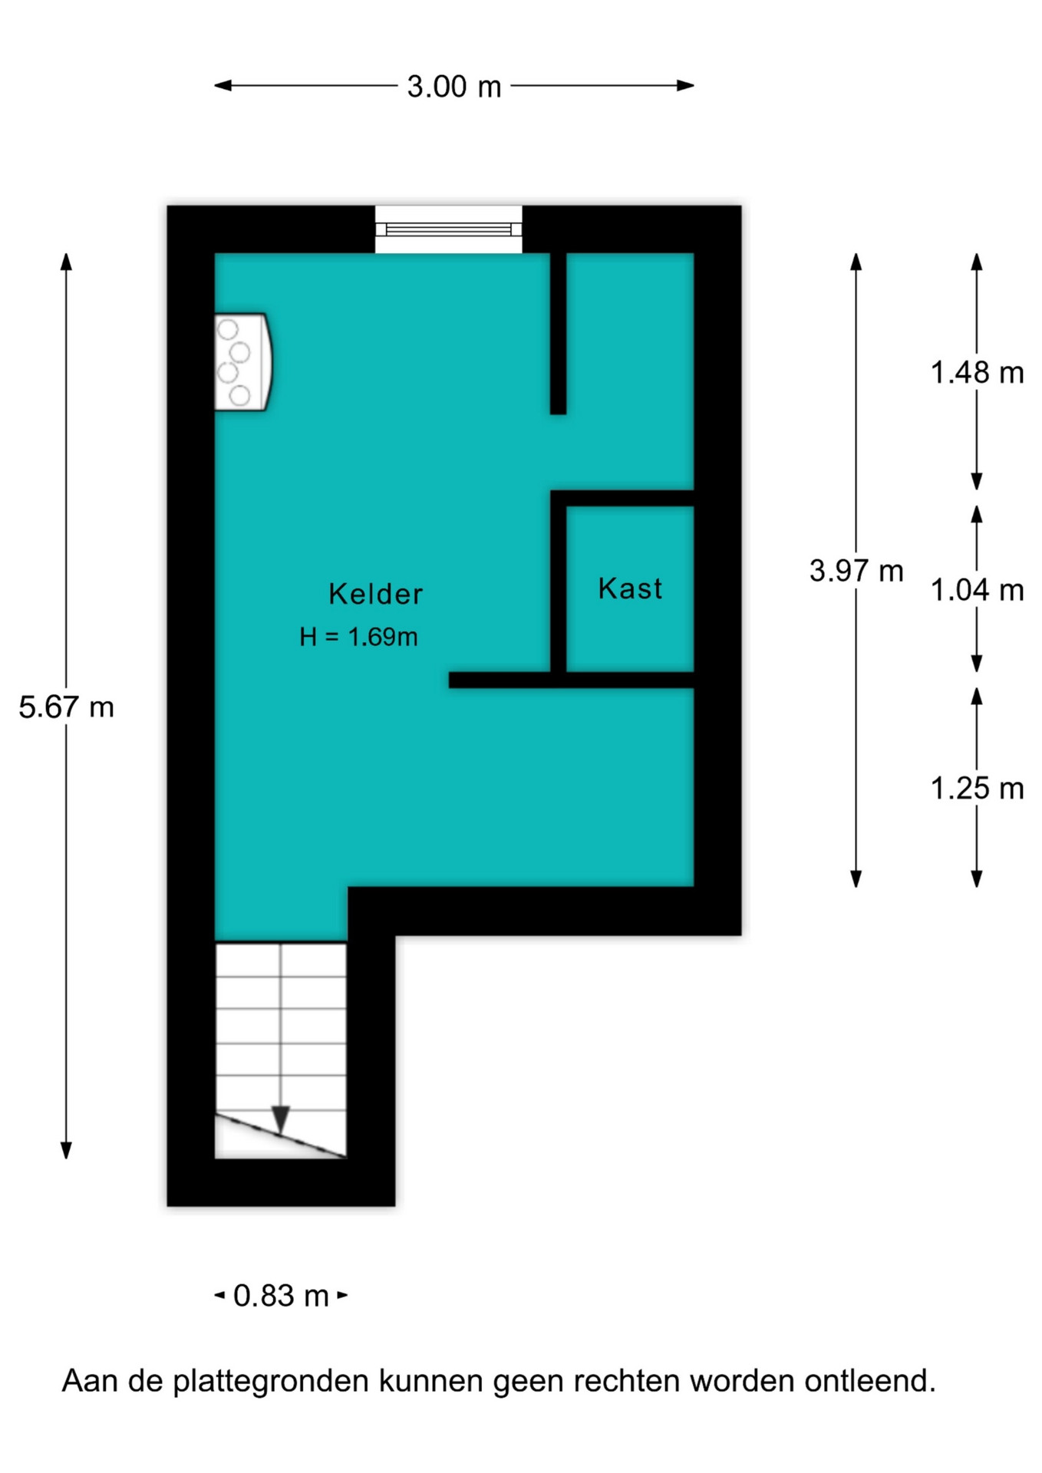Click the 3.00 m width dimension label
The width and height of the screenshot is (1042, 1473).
coord(453,86)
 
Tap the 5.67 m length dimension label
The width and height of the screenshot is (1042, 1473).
coord(67,707)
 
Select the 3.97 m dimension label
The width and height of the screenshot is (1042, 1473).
coord(856,571)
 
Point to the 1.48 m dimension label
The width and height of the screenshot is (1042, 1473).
coord(977,373)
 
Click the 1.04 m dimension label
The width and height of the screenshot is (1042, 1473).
coord(977,590)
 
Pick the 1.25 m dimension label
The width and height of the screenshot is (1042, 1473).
coord(977,789)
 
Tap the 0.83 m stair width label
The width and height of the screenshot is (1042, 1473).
coord(281,1296)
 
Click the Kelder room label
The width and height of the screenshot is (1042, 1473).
coord(375,594)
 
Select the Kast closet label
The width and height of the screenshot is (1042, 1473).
coord(630,588)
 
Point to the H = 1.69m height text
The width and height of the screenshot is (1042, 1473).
coord(358,637)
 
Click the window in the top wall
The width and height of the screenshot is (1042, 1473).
coord(449,229)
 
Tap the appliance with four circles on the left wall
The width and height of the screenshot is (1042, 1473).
coord(243,362)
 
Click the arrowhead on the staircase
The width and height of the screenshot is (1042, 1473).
coord(281,1119)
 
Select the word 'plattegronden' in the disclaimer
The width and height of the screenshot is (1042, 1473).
coord(271,1382)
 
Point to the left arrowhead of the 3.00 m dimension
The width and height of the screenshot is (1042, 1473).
coord(223,85)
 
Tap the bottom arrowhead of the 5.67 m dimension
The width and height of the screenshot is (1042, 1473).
coord(66,1150)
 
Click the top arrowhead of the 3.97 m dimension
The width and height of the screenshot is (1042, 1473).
coord(856,262)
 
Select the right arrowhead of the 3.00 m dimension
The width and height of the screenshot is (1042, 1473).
coord(686,85)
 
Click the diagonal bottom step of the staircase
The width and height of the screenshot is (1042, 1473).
coord(280,1135)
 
